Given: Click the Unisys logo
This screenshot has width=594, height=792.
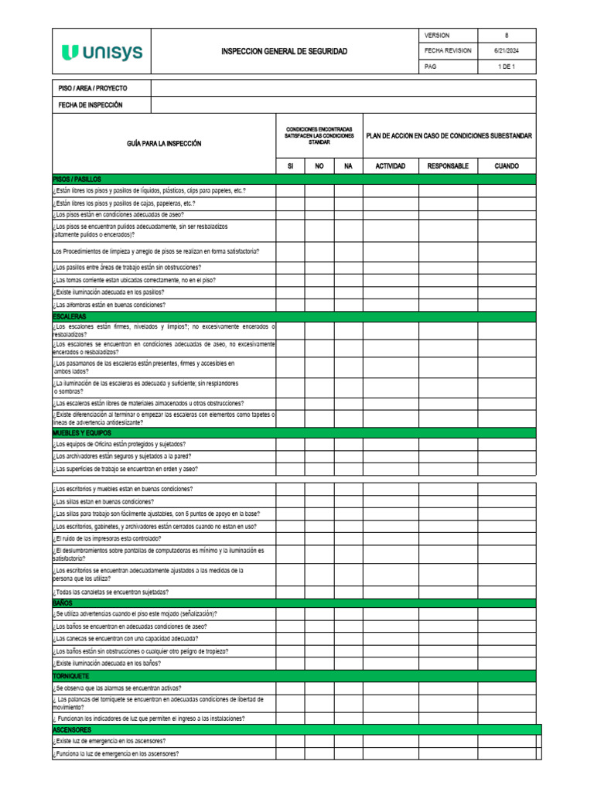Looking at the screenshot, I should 101,52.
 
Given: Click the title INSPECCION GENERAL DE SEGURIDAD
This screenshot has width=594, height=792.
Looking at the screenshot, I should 284,52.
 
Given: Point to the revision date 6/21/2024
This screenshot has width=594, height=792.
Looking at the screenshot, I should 507,51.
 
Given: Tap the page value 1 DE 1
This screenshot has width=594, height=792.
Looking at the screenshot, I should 507,67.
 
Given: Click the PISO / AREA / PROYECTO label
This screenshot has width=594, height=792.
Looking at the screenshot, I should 93,89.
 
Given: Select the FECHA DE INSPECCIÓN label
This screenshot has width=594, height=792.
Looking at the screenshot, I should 90,105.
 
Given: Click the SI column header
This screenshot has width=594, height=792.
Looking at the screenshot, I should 290,166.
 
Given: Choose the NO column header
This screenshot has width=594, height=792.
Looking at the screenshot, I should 319,166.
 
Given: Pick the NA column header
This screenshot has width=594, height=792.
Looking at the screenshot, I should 348,166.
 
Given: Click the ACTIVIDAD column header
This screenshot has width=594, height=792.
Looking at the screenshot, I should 391,166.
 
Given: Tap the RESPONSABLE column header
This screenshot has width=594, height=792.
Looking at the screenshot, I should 448,166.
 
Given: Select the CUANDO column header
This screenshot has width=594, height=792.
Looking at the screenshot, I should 507,166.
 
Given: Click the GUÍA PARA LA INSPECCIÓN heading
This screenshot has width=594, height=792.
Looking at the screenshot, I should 164,144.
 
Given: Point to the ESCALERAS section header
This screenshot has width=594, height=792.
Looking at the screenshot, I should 70,317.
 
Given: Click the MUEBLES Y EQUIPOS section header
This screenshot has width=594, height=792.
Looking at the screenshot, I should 82,433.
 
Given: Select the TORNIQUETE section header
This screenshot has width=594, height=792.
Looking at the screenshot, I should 71,676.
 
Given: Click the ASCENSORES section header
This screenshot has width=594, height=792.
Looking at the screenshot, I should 72,730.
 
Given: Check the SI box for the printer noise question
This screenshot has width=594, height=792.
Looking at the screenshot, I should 290,538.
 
